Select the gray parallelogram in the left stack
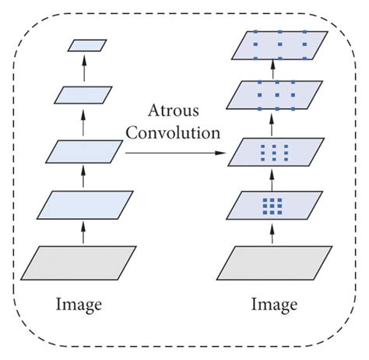point(79,262)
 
